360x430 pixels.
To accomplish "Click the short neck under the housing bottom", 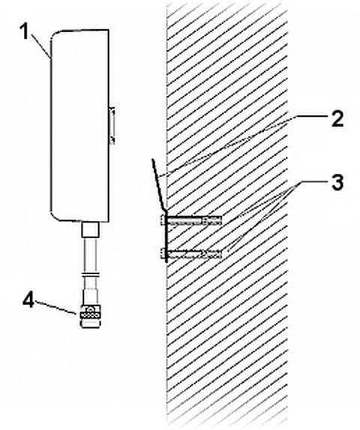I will point(90,228).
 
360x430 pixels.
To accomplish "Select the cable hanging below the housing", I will point(90,258).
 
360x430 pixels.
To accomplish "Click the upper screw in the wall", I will point(193,220).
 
